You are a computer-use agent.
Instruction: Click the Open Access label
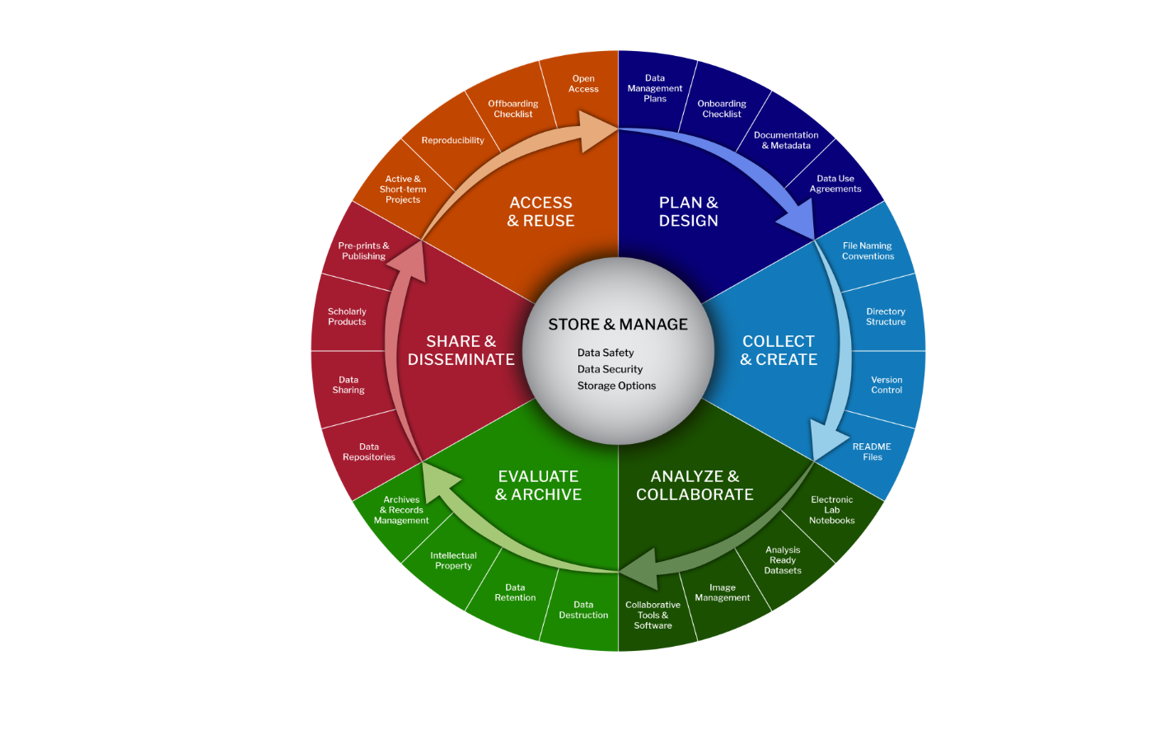(583, 84)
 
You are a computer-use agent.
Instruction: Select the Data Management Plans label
(655, 88)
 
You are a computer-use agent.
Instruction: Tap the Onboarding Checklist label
(722, 109)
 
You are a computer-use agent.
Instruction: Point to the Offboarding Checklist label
(513, 109)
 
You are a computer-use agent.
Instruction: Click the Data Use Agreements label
(835, 184)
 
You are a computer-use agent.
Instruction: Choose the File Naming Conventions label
(868, 251)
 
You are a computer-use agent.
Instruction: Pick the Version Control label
(887, 385)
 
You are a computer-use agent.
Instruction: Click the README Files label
(872, 452)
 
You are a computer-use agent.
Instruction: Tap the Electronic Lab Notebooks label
(832, 510)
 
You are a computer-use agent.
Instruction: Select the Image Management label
(723, 592)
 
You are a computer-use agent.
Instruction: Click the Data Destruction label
(583, 610)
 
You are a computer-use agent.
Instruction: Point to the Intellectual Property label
(453, 560)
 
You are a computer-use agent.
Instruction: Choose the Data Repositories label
(369, 452)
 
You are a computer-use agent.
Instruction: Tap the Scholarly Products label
(347, 316)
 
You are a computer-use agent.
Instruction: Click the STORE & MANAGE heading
(618, 325)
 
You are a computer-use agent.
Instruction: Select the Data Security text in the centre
(610, 369)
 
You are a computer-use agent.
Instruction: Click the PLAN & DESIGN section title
(689, 212)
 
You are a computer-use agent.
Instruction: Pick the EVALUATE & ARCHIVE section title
(538, 485)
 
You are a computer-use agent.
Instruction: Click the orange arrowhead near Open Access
(597, 130)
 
